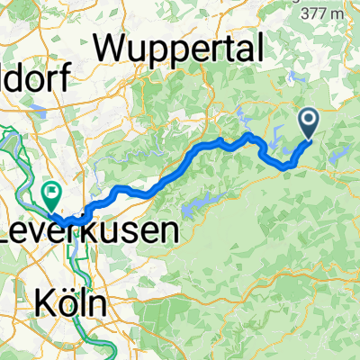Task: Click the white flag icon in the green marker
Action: [52, 190]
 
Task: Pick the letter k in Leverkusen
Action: [97, 230]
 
